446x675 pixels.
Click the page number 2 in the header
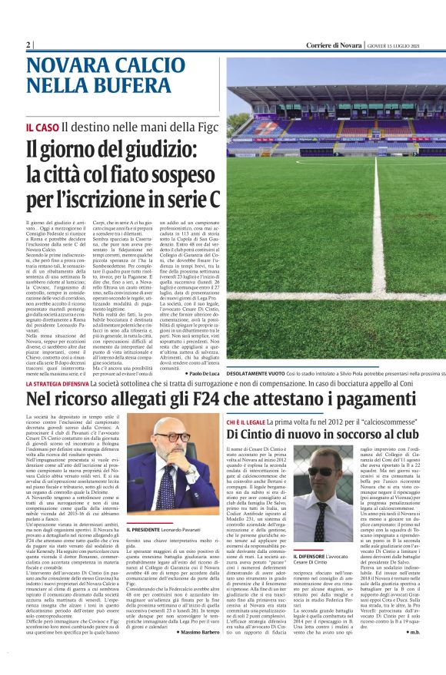click(28, 45)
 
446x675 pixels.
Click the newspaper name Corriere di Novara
click(334, 45)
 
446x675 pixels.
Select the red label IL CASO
click(42, 126)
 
